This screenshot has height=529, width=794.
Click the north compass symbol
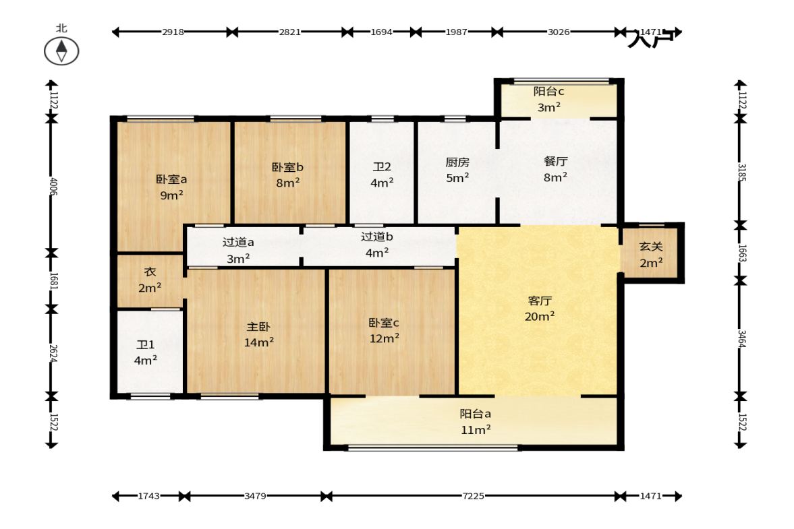coord(61,51)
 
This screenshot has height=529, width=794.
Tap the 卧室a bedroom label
coord(171,179)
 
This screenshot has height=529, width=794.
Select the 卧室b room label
coord(287,167)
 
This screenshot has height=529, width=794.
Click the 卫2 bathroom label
coord(382,167)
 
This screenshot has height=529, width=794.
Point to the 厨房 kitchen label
coord(457,162)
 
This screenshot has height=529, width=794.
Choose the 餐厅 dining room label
coord(555,161)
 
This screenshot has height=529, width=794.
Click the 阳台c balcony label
coord(549,92)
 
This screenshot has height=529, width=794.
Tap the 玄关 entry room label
coord(651,247)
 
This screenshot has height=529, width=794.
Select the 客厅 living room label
coord(539,301)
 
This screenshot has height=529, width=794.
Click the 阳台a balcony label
coord(475,414)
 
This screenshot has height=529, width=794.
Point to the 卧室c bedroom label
coord(384,323)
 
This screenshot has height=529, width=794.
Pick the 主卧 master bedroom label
coord(259,327)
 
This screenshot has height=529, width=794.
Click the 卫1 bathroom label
coord(145,345)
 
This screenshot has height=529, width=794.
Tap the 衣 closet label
coord(150,272)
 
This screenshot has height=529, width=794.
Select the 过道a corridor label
coord(238,242)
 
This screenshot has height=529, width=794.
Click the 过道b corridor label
coord(376,237)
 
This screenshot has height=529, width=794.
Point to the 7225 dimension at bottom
coord(473,496)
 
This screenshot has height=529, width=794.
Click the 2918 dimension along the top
coord(173,32)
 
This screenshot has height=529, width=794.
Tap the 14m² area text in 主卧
coord(259,342)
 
